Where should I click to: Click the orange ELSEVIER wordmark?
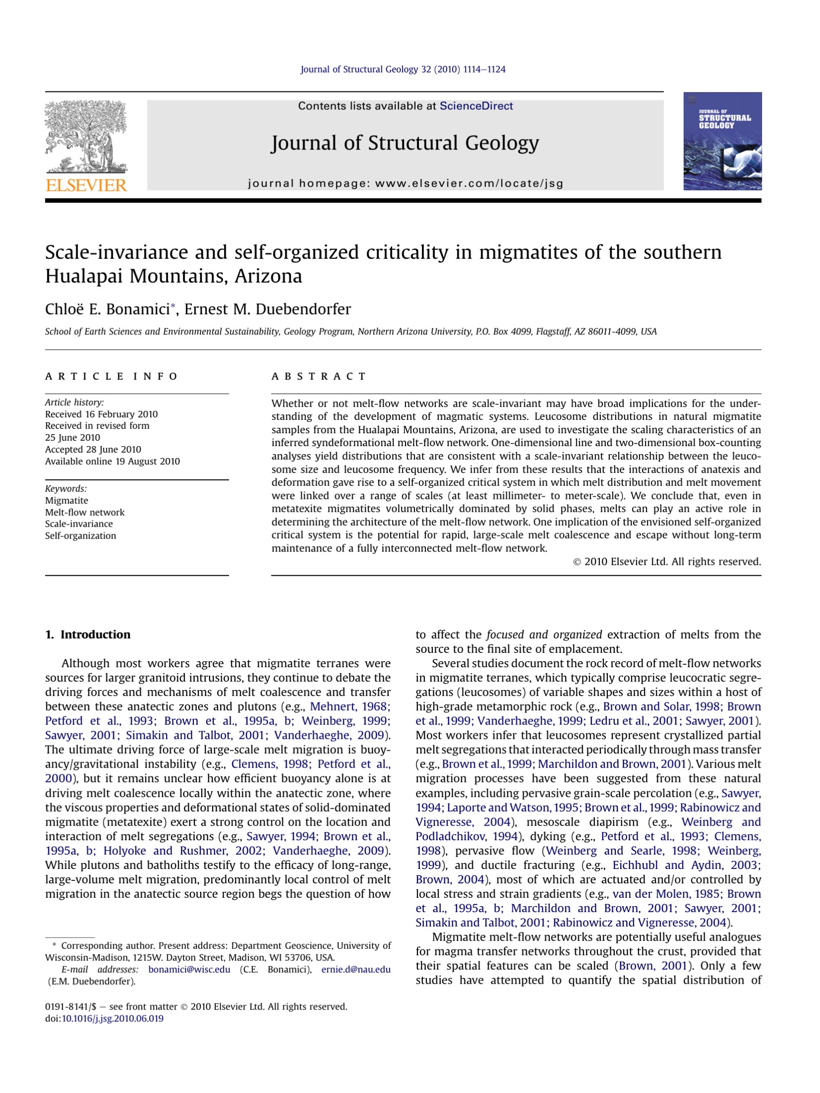tap(86, 185)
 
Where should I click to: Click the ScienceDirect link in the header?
tap(476, 106)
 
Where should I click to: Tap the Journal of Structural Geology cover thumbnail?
tap(722, 141)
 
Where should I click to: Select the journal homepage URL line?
tap(406, 183)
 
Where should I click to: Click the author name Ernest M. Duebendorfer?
tap(267, 309)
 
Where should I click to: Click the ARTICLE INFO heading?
tap(111, 376)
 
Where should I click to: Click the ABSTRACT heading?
tap(319, 376)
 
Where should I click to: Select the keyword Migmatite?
tap(67, 500)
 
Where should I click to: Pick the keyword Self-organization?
tap(81, 536)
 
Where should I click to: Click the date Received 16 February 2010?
tap(101, 414)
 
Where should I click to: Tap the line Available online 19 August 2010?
tap(112, 461)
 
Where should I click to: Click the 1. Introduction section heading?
tap(88, 634)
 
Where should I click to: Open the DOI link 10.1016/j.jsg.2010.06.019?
tap(112, 1018)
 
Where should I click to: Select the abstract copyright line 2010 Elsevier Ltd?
tap(667, 561)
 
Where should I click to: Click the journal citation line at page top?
tap(403, 70)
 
